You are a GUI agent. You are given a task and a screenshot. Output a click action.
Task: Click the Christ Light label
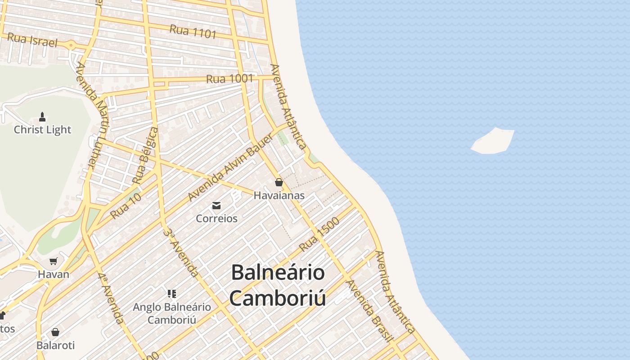pyautogui.click(x=42, y=130)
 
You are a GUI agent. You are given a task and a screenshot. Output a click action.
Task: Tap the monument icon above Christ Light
pyautogui.click(x=42, y=117)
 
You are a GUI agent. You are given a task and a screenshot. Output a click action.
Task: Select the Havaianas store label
pyautogui.click(x=279, y=195)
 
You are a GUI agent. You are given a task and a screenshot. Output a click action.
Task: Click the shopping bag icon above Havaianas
pyautogui.click(x=279, y=182)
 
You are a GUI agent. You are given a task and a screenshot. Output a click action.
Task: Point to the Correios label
pyautogui.click(x=216, y=218)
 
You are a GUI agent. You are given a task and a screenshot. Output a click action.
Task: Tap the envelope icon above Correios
pyautogui.click(x=216, y=206)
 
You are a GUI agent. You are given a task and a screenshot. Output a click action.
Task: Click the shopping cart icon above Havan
pyautogui.click(x=54, y=261)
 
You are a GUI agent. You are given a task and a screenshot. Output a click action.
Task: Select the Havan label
pyautogui.click(x=54, y=274)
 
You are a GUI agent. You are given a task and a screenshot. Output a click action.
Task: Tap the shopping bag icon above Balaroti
pyautogui.click(x=55, y=332)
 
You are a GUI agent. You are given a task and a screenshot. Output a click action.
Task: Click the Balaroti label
pyautogui.click(x=55, y=346)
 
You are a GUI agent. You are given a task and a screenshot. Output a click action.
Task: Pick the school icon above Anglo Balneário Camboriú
pyautogui.click(x=171, y=294)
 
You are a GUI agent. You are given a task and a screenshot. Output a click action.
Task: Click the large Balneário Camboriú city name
pyautogui.click(x=278, y=285)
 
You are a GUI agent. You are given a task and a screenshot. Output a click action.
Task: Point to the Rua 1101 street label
pyautogui.click(x=193, y=31)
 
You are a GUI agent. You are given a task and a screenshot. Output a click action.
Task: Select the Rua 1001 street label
pyautogui.click(x=229, y=79)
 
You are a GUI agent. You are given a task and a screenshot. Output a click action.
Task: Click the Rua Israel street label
pyautogui.click(x=32, y=40)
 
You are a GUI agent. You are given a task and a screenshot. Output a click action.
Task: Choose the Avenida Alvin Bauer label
pyautogui.click(x=230, y=167)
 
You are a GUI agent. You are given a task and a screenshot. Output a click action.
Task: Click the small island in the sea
pyautogui.click(x=493, y=141)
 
